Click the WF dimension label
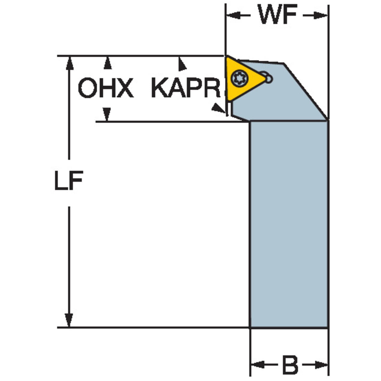point(277,14)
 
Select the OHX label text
point(106,88)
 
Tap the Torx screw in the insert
point(239,79)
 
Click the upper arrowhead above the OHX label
point(107,63)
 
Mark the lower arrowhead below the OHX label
point(107,114)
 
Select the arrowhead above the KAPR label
point(182,64)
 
